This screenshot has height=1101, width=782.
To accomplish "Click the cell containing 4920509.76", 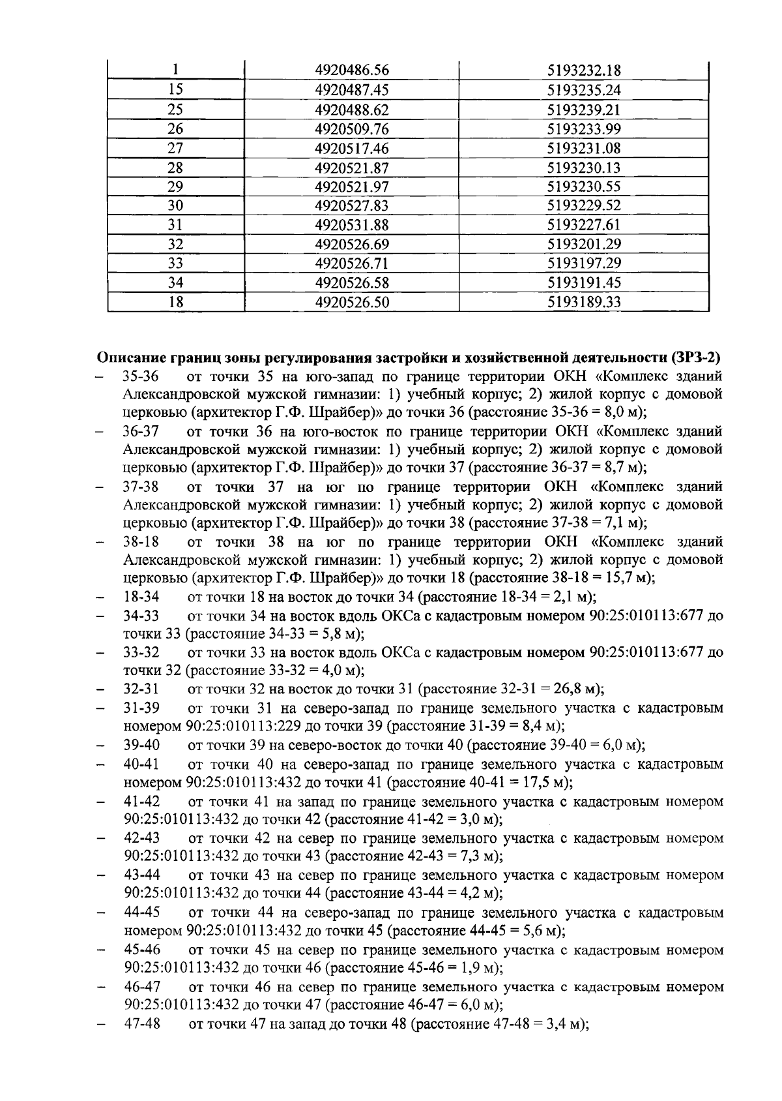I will tap(351, 129).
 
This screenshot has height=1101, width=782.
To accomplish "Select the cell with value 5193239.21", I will tap(583, 110).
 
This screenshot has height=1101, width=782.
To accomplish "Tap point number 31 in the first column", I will tap(175, 225).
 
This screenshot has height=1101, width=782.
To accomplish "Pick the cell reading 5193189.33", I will tap(583, 302).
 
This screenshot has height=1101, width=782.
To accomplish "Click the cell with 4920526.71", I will tap(351, 264).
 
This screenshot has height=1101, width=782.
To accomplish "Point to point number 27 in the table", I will tap(175, 148).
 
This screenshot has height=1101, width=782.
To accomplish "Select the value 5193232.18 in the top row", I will tap(583, 71).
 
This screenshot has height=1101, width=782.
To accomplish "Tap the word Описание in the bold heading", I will tap(130, 357).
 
